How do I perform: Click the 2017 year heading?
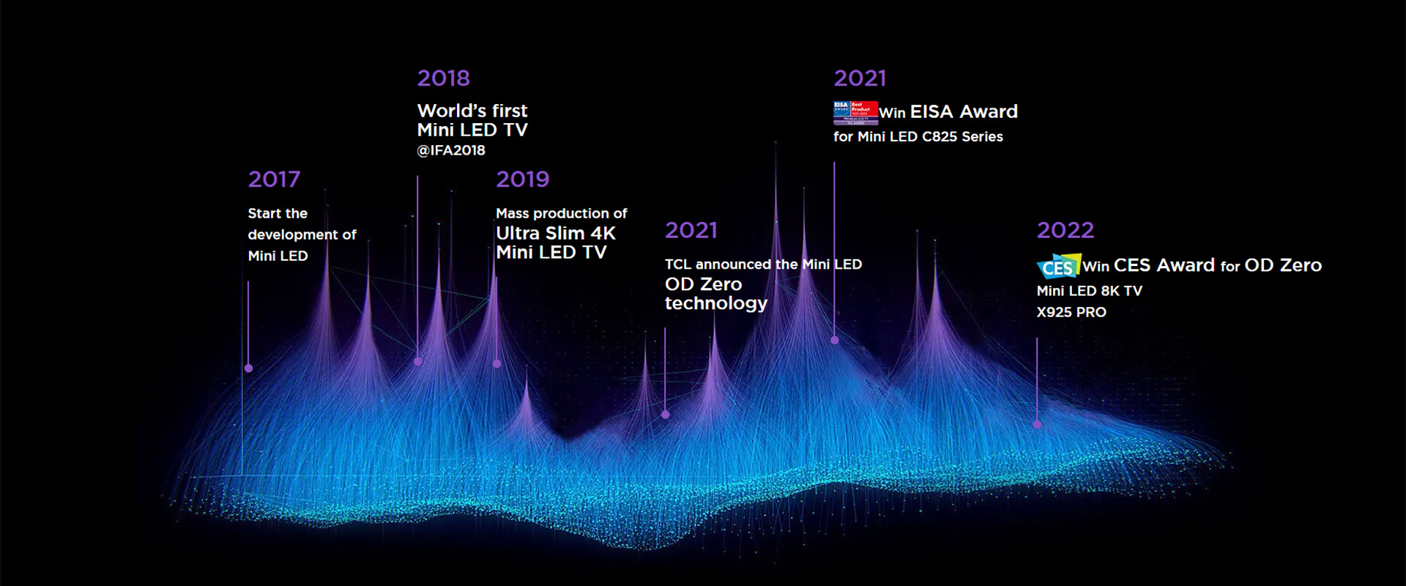point(274,179)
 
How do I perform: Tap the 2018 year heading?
point(443,78)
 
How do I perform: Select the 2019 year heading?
point(522,179)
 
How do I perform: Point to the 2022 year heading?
point(1065,231)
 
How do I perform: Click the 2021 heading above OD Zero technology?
point(691,231)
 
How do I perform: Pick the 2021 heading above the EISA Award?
point(860,78)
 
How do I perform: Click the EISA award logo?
point(855,112)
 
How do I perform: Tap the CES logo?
point(1058,267)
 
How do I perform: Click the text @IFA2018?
point(451,150)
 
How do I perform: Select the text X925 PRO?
point(1071,312)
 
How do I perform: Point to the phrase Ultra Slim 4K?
point(555,233)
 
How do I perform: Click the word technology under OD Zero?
point(715,303)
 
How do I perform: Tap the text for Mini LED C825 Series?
point(918,136)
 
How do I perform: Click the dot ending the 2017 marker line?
point(248,368)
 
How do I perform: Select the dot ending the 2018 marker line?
point(417,361)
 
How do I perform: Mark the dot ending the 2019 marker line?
point(496,363)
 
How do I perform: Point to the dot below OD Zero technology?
point(665,415)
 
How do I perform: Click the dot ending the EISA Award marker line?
point(834,340)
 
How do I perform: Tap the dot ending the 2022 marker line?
point(1037,424)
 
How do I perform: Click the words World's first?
point(472,111)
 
